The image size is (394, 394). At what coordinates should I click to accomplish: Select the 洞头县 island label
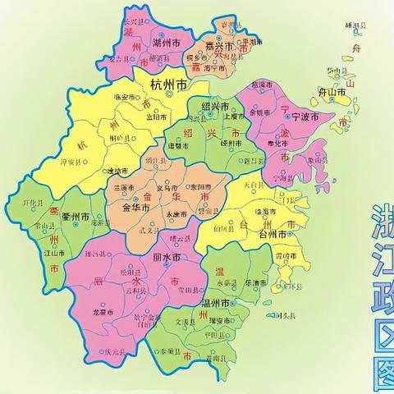tap(284, 314)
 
